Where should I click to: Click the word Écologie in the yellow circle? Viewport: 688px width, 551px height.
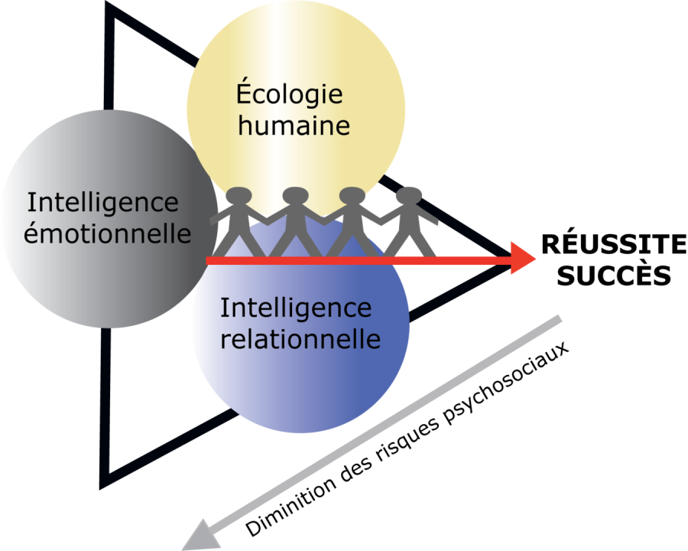point(289,96)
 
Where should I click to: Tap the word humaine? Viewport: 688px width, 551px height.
point(294,126)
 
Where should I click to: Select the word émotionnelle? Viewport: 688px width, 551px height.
point(107,233)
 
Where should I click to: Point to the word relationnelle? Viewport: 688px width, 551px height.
point(300,337)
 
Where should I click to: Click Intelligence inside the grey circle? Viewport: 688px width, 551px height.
point(102,204)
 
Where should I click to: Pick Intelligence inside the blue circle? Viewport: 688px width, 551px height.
point(296,308)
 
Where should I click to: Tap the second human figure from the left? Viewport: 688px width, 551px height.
point(294,222)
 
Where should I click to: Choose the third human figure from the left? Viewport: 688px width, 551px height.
point(351,222)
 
